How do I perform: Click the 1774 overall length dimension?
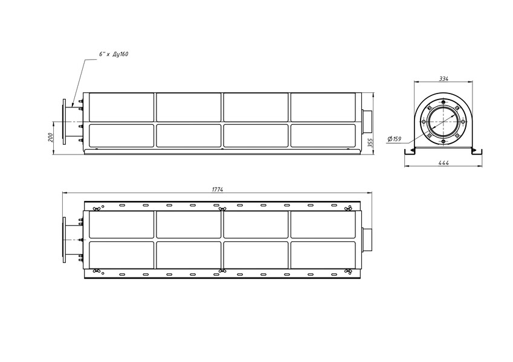(x=218, y=189)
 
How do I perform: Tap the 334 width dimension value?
(x=444, y=79)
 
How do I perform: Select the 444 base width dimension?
(x=444, y=163)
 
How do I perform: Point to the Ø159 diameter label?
(x=394, y=139)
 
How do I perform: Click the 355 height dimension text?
(x=370, y=143)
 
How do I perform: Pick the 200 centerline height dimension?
(x=50, y=138)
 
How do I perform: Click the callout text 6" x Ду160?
(x=114, y=54)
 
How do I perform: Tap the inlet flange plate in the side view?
(x=64, y=122)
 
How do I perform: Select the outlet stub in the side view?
(x=367, y=121)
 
